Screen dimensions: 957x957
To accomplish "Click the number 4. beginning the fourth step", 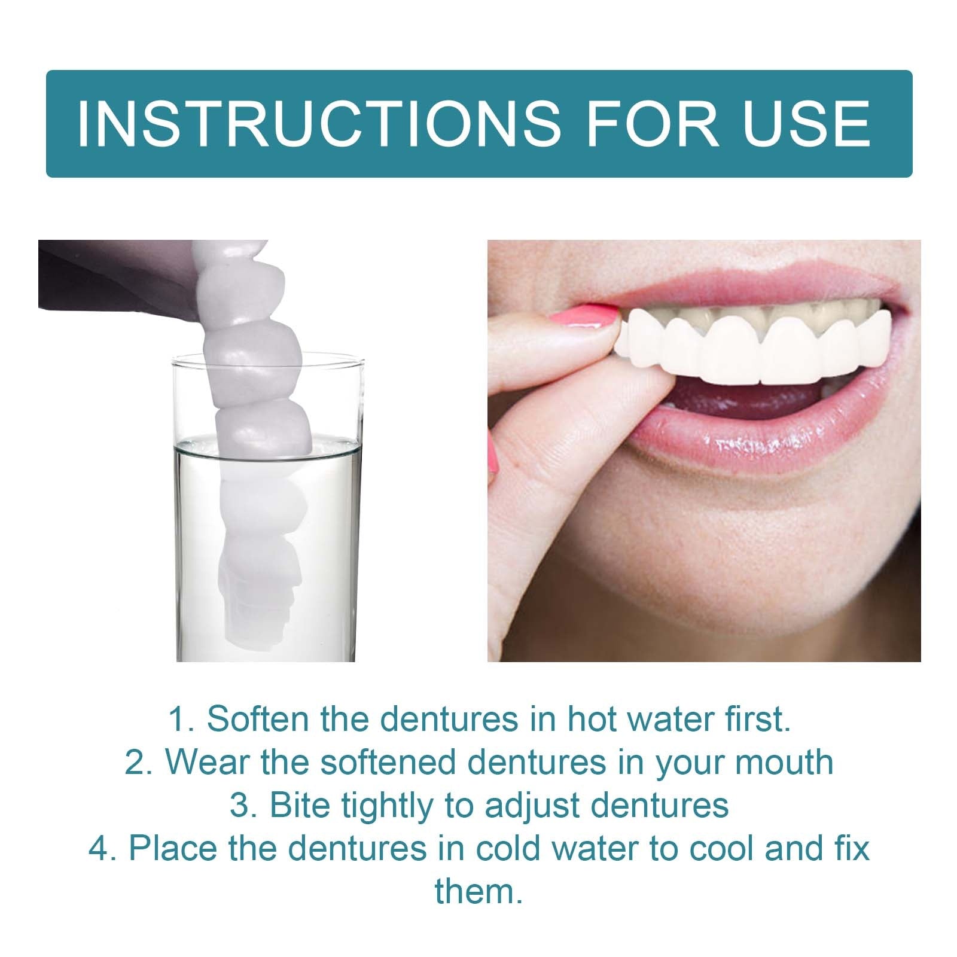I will click(103, 849).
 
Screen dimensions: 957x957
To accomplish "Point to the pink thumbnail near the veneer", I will click(583, 316).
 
